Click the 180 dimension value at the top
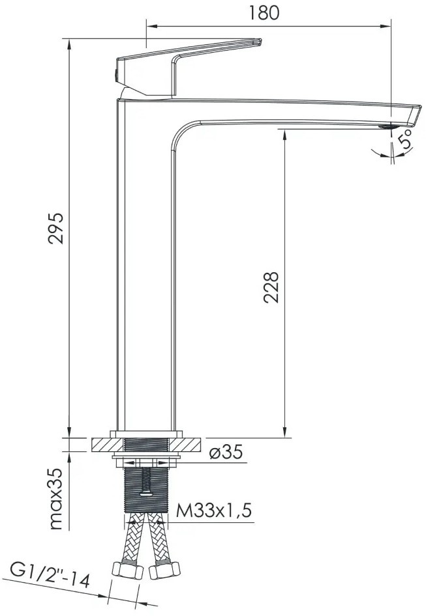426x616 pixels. click(264, 12)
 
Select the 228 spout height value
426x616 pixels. click(271, 287)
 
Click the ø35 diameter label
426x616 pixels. click(226, 452)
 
